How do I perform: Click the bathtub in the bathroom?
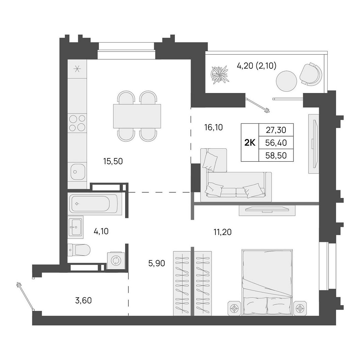[94, 204]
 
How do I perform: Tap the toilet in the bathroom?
[79, 250]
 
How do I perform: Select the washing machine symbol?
[116, 261]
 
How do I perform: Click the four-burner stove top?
[77, 123]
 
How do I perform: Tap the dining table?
[137, 116]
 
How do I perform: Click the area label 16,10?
[214, 128]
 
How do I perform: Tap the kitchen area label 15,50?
[113, 161]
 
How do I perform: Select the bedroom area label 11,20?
[222, 232]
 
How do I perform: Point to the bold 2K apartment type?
[250, 143]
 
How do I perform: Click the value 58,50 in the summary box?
[276, 155]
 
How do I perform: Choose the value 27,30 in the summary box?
[276, 130]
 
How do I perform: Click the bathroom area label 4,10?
[101, 232]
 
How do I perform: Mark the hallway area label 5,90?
[156, 263]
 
